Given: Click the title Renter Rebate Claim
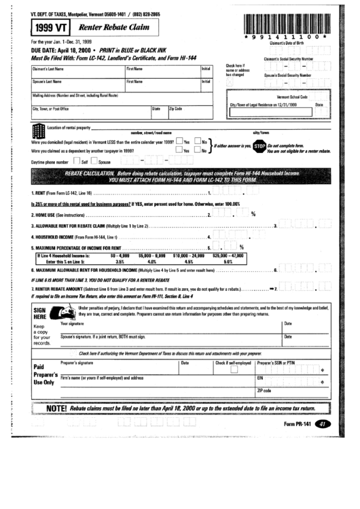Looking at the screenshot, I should (111, 28).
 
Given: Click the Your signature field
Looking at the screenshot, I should (170, 327).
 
